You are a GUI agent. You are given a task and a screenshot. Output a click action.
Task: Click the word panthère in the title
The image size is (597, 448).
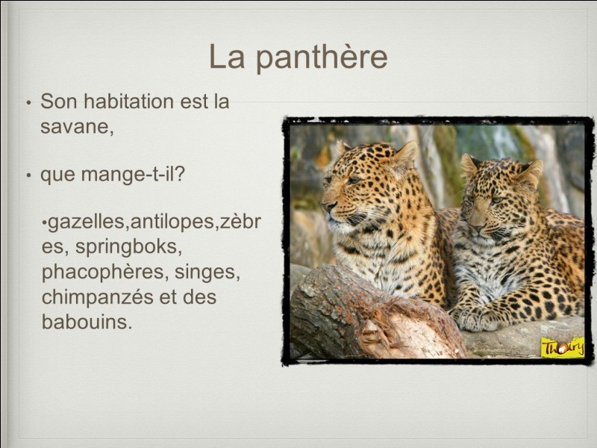322,57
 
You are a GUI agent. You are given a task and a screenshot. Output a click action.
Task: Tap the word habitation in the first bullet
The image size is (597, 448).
128,102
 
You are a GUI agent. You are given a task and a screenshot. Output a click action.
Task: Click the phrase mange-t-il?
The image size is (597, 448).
133,175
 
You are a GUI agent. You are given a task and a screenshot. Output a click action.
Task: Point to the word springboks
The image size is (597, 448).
128,247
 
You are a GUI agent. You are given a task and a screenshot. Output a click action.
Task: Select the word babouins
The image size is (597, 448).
87,322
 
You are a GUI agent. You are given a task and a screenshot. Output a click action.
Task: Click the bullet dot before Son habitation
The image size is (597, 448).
28,102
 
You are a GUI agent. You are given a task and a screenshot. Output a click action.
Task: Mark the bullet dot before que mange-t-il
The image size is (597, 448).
28,175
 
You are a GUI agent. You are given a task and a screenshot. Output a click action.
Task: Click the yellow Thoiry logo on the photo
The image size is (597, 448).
563,347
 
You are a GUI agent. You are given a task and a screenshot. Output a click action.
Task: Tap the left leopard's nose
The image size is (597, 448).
328,206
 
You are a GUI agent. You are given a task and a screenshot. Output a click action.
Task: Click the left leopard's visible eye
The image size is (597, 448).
353,180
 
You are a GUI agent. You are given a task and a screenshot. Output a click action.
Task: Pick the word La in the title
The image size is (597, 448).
227,57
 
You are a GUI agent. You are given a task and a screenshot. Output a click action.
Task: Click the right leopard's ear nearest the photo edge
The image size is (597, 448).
531,172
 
